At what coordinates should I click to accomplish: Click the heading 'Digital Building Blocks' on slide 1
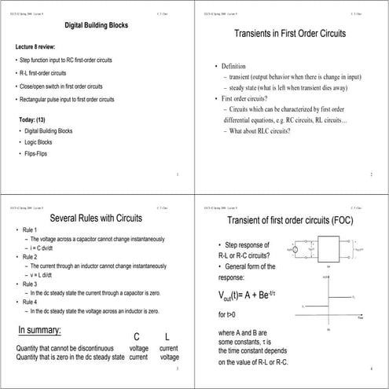tap(96, 26)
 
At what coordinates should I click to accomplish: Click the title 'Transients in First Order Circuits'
tap(292, 34)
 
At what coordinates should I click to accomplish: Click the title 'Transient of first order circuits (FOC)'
tap(292, 219)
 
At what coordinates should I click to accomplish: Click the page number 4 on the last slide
tap(370, 368)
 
